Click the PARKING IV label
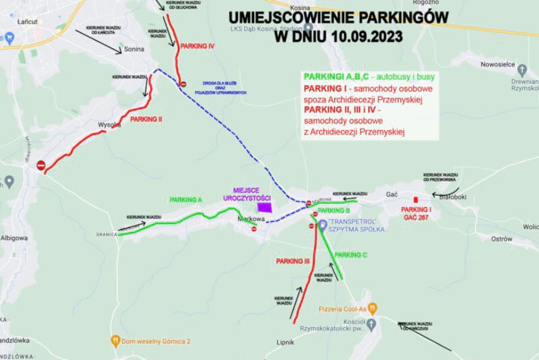pos(197,47)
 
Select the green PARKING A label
pos(185,199)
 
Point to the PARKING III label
pos(293,260)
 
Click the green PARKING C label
pos(351,255)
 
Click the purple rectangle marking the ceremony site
pos(266,207)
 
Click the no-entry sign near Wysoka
pos(41,165)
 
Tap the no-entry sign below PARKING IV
pos(183,84)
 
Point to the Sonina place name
pos(134,49)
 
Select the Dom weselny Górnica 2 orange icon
pos(116,341)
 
